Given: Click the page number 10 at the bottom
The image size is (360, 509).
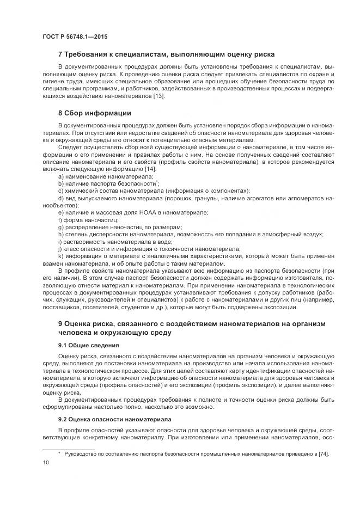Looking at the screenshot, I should point(46,463).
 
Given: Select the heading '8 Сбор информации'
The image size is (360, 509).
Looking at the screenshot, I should point(94,113).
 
